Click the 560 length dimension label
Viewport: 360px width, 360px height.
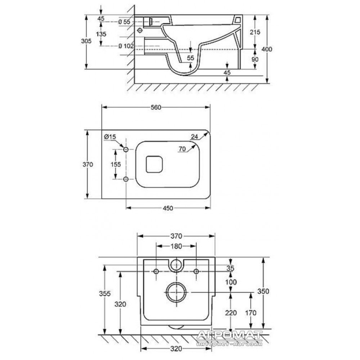(x=156, y=107)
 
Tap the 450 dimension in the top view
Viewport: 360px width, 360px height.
(x=168, y=208)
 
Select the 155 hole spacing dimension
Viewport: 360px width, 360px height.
(x=116, y=165)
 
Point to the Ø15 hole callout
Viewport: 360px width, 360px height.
(x=110, y=137)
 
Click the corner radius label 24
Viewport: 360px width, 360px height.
(x=194, y=136)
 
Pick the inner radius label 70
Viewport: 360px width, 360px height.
(x=182, y=149)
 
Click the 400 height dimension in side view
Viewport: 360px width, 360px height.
(x=267, y=49)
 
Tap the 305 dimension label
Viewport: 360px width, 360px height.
(x=86, y=41)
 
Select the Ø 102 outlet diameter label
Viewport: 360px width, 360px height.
(x=126, y=46)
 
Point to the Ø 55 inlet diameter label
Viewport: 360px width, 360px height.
(x=124, y=22)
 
